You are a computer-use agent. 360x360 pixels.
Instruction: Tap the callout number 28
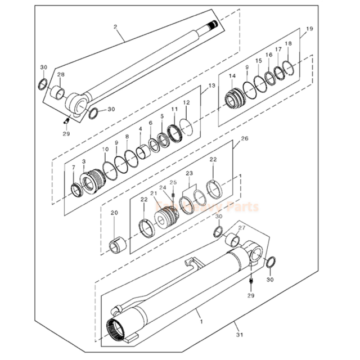coord(61,75)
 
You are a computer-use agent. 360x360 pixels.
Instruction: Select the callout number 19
coord(309,29)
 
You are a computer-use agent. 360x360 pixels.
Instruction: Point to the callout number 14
coord(232,76)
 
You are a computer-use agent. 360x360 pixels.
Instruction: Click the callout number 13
coord(211,86)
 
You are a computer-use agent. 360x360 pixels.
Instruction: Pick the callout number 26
coord(244,138)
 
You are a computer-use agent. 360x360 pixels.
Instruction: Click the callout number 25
coord(173,183)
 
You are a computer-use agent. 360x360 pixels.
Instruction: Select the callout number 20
coord(114,213)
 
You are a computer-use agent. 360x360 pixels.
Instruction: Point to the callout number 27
coord(242,228)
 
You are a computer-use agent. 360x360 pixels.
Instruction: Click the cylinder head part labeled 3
coord(91,182)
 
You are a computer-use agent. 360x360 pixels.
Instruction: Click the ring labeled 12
coord(190,125)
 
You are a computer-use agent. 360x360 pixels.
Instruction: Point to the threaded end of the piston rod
coord(213,25)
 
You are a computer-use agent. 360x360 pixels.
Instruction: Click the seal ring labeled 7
coord(76,190)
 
